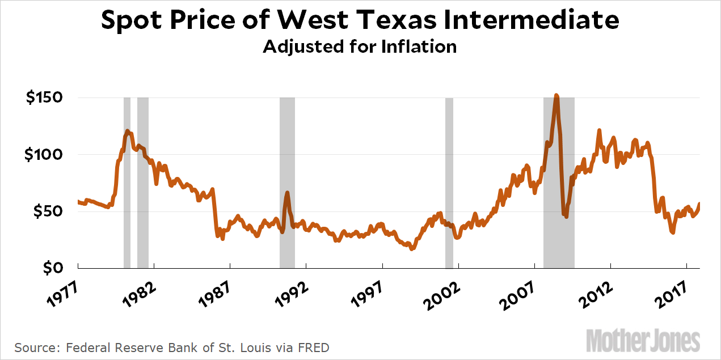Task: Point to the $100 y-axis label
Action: (45, 154)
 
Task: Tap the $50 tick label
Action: (49, 211)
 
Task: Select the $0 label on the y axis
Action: (54, 268)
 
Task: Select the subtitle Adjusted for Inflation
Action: (360, 46)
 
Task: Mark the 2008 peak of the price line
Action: (556, 96)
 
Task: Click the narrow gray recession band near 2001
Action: (449, 181)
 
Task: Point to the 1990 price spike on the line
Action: (287, 193)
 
